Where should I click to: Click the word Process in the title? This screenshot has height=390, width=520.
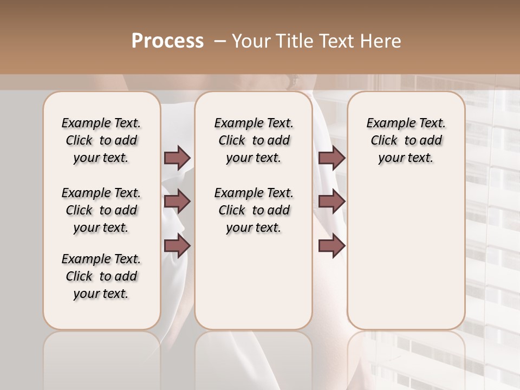(167, 41)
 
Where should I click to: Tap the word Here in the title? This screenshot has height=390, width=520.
(381, 41)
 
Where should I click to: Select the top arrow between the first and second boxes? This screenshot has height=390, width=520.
(177, 158)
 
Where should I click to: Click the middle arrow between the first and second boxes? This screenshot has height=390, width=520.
(177, 202)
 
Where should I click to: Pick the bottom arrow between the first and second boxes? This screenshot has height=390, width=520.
(177, 246)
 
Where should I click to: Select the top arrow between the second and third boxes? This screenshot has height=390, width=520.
(331, 158)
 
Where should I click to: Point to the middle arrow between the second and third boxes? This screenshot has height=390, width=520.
(331, 202)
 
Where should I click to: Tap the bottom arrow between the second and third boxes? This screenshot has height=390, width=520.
(331, 246)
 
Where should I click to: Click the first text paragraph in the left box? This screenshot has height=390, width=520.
(101, 140)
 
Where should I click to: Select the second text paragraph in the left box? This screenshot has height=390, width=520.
(101, 210)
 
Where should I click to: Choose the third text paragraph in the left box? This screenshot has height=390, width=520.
(101, 276)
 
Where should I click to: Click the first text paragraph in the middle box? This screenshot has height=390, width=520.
(253, 140)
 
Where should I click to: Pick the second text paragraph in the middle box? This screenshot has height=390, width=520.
(253, 210)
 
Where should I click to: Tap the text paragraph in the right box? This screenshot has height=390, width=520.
(406, 140)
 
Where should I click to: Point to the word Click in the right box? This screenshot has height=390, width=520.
(384, 141)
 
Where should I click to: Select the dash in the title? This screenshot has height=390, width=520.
(219, 41)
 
